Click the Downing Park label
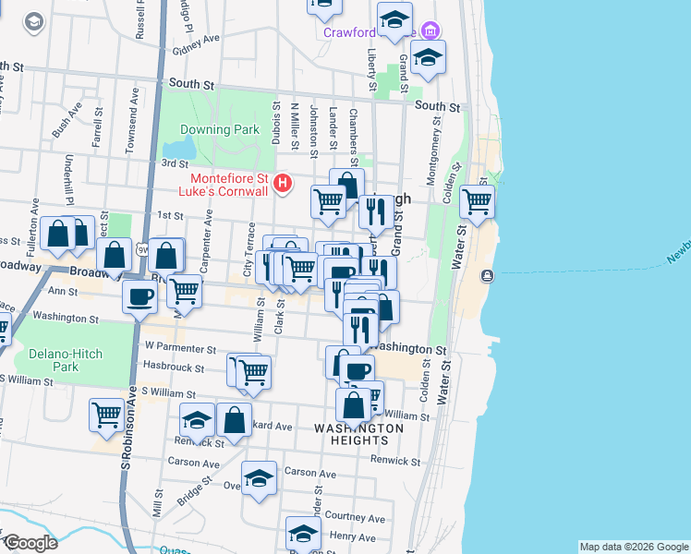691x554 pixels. (x=220, y=130)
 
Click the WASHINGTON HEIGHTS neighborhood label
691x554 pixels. (x=358, y=434)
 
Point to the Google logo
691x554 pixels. (x=30, y=543)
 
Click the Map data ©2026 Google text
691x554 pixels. (x=633, y=547)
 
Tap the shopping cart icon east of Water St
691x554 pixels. (x=477, y=200)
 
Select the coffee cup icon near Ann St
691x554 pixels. (x=139, y=296)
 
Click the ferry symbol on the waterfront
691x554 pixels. (x=487, y=276)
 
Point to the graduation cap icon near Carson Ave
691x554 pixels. (x=259, y=477)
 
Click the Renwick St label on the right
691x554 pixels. (x=394, y=460)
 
